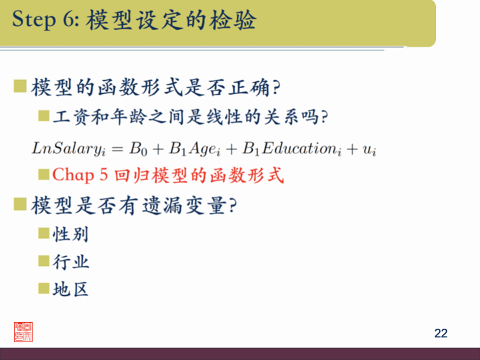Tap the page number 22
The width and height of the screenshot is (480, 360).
coord(441,333)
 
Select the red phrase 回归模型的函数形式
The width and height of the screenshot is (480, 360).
coord(199,175)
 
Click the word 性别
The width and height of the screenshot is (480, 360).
coord(71,235)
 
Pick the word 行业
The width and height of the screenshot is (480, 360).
coord(71,262)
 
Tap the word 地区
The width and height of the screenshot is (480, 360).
coord(71,289)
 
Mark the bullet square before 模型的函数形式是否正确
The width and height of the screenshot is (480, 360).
coord(20,87)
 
